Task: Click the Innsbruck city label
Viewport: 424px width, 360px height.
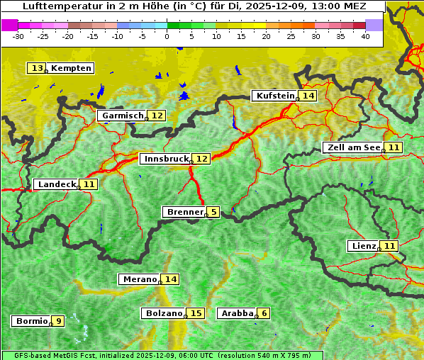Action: click(165, 159)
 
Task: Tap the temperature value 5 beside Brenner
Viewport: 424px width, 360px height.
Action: click(213, 212)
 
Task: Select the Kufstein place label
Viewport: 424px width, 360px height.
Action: click(274, 96)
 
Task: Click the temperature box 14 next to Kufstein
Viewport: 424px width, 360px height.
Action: click(307, 96)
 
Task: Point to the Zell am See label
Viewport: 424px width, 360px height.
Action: click(352, 147)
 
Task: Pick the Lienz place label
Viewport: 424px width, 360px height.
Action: click(363, 246)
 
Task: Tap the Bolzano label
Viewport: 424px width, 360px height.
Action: click(163, 313)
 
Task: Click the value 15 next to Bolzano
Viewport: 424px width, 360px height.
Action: click(196, 313)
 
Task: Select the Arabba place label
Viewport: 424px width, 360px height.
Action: click(236, 313)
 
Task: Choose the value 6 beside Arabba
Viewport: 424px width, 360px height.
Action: click(264, 313)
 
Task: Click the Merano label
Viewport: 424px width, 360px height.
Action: click(139, 279)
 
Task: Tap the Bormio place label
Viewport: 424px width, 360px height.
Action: click(30, 321)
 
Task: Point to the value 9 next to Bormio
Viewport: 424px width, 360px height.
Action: click(58, 321)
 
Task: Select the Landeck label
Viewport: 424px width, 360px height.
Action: click(56, 184)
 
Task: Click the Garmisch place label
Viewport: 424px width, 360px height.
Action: click(122, 116)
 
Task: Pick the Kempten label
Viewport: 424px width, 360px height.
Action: click(71, 68)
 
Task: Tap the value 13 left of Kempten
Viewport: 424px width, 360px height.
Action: click(37, 68)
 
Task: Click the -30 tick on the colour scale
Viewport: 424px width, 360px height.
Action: click(18, 35)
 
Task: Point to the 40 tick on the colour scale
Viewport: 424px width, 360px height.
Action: click(365, 35)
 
